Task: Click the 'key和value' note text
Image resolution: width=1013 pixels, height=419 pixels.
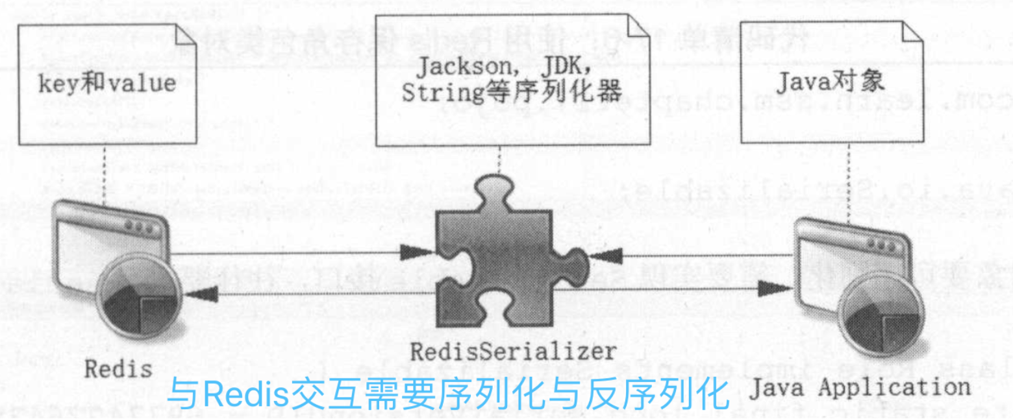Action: [105, 84]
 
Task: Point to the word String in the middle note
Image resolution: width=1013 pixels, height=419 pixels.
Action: [436, 93]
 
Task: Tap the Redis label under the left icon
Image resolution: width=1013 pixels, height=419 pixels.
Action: [118, 369]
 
